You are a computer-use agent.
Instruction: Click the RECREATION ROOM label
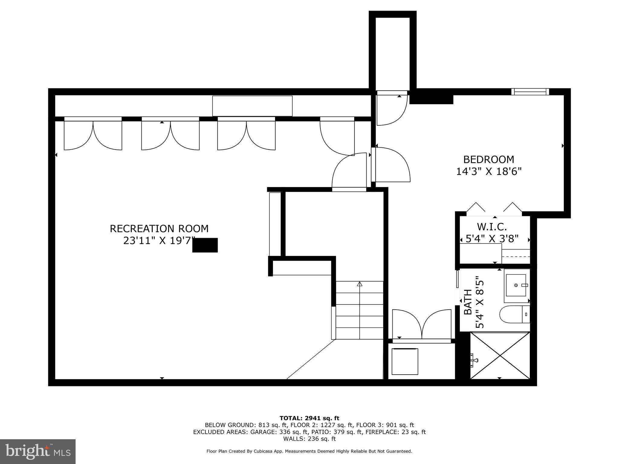tap(159, 229)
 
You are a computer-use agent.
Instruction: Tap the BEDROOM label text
tap(488, 159)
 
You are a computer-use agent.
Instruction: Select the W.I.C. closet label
tap(492, 227)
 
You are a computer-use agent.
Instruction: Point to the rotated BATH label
tap(468, 302)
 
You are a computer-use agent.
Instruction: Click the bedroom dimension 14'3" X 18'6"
tap(489, 172)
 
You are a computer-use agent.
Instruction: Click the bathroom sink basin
tap(516, 285)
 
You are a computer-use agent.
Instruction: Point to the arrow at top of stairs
tap(359, 284)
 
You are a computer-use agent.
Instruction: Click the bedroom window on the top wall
tap(530, 92)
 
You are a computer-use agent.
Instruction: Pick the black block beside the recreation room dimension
tap(205, 245)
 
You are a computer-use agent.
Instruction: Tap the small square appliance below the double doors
tap(405, 361)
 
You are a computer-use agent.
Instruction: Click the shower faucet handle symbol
tap(474, 360)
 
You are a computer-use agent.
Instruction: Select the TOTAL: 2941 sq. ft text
tap(309, 418)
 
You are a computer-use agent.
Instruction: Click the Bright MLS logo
tap(38, 452)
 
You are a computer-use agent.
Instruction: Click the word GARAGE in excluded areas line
tap(263, 432)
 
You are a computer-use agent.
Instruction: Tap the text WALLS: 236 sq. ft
tap(309, 439)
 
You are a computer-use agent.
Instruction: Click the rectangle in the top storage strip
tap(252, 106)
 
